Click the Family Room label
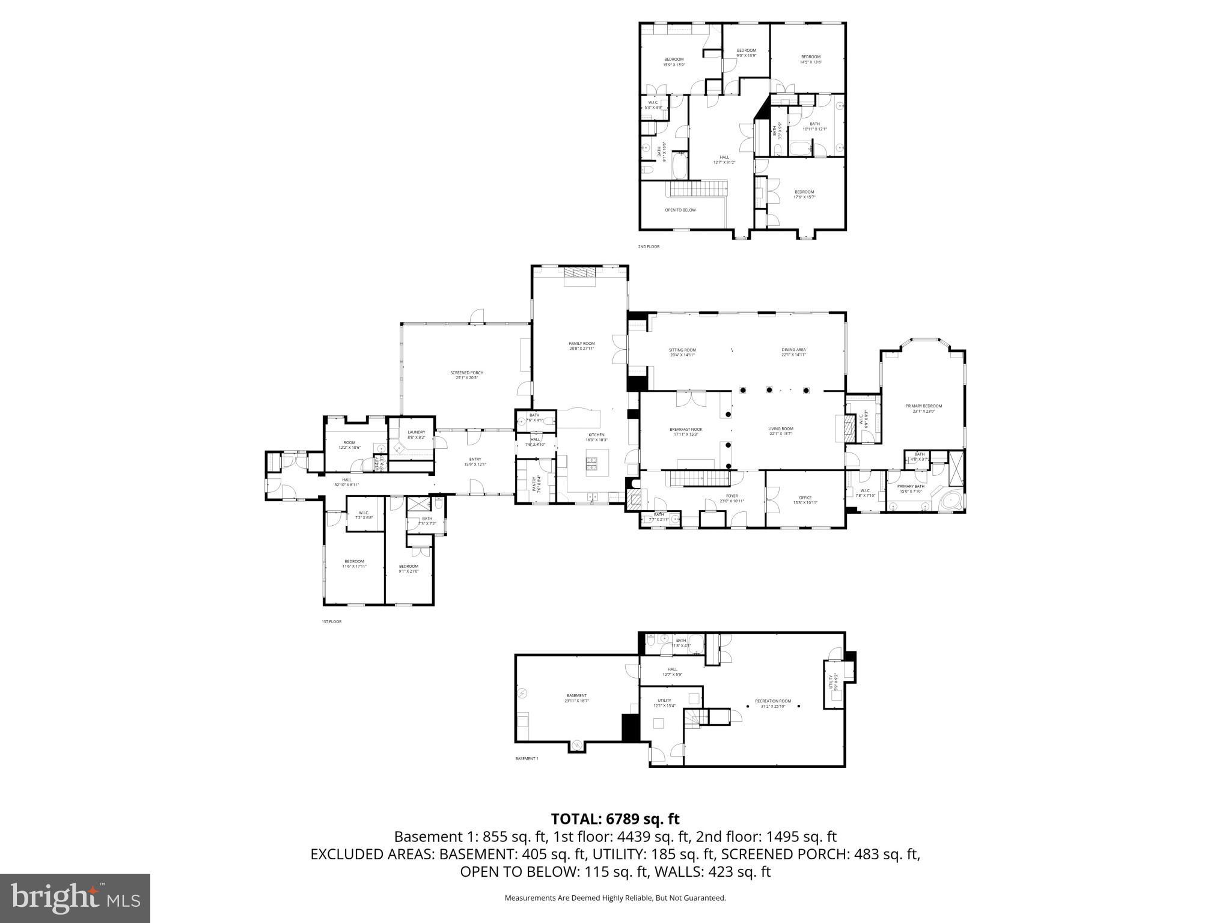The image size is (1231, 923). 581,346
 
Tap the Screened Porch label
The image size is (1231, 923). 466,375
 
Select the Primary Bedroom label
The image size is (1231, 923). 923,408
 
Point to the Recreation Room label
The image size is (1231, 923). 773,703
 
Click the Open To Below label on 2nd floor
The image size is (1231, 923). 680,210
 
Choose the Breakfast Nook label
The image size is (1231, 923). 686,431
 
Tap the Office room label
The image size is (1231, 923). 805,500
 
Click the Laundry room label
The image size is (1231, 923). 416,434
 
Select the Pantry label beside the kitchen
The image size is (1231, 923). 534,484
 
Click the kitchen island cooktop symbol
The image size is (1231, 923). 591,462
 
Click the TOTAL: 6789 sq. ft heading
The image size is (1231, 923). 615,818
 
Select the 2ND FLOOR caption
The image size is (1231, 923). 649,247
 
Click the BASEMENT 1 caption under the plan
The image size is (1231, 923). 527,758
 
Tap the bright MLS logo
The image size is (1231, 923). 75,898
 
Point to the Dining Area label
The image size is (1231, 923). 793,352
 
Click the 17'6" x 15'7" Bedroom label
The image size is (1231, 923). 804,194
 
